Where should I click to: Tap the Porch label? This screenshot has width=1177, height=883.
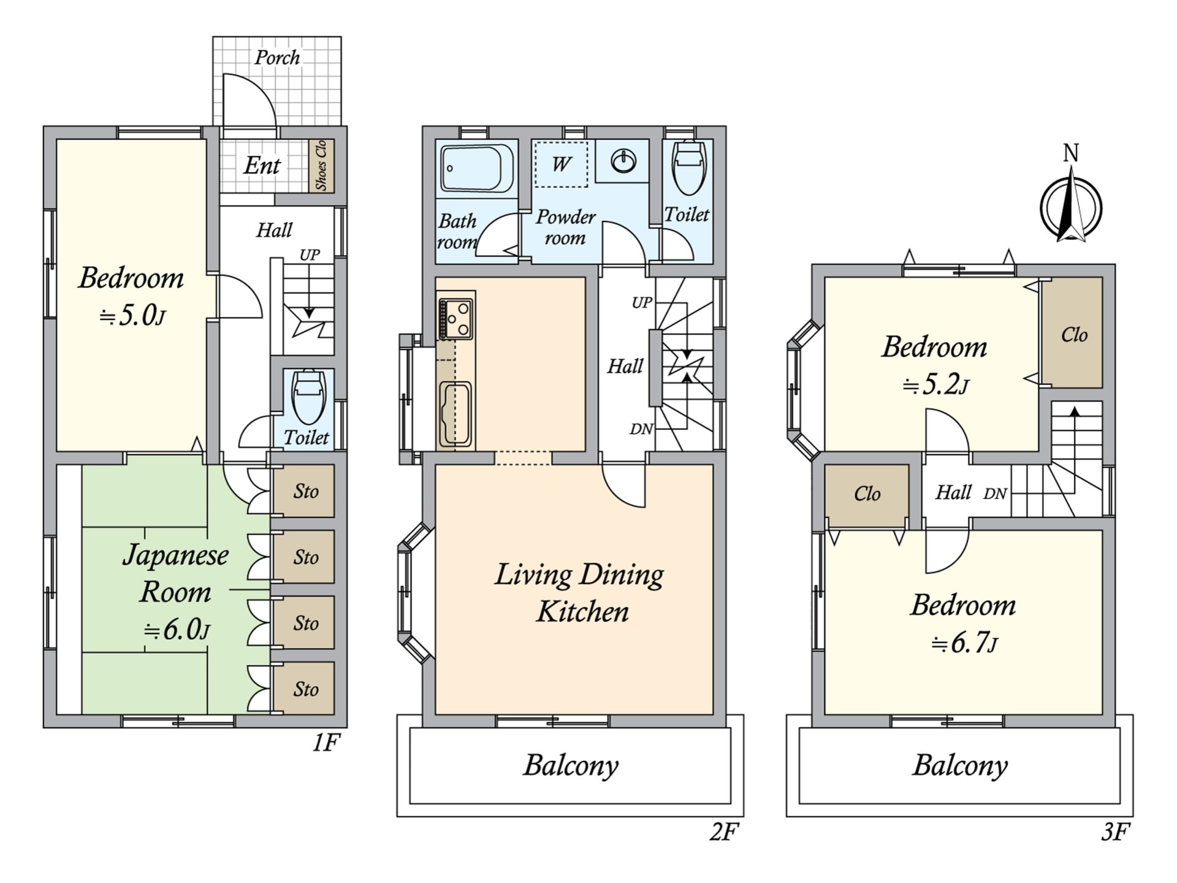(x=277, y=58)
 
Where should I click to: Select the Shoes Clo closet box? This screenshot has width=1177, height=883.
(x=321, y=165)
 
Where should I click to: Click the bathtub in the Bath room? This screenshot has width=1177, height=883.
(x=476, y=168)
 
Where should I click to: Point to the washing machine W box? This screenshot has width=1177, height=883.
(x=561, y=164)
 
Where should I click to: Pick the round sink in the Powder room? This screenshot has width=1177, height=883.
(x=623, y=161)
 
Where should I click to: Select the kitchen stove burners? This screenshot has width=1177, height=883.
(x=455, y=319)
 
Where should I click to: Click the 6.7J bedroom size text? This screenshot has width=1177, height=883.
(x=964, y=643)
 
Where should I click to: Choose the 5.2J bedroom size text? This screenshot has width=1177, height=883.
(x=935, y=385)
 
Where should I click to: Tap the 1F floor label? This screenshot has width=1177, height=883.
(x=326, y=743)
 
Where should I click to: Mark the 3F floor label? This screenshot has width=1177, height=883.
(x=1115, y=832)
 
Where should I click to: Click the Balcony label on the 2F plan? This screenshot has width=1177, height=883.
(x=571, y=765)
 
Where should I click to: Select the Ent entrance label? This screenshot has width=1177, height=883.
(x=262, y=166)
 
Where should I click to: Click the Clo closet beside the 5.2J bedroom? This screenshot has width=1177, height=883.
(x=1073, y=334)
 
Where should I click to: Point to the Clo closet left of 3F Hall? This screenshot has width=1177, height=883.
(x=866, y=494)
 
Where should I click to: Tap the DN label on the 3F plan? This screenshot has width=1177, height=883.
(x=995, y=494)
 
